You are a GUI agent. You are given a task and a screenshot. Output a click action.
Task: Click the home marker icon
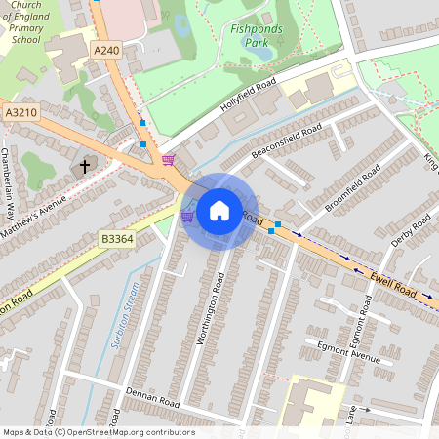(x=219, y=211)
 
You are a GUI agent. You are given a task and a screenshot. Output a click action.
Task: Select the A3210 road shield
(x=20, y=113)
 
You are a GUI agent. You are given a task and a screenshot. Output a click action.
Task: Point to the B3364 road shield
(x=116, y=237)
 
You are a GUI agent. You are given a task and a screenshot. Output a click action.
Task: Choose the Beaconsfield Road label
(x=286, y=142)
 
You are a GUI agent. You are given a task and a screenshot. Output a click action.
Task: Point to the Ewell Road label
(x=393, y=285)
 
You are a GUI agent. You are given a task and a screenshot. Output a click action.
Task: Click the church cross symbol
(x=84, y=166)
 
